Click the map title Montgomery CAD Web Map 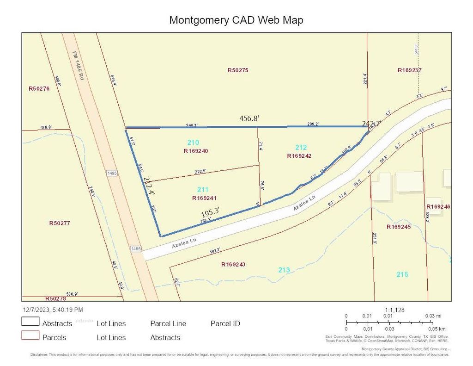tap(236, 20)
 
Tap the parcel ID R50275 tap(238, 70)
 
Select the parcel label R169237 tap(410, 70)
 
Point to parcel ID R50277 tap(59, 223)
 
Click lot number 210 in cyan tap(193, 142)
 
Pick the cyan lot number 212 tap(301, 148)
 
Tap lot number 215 tap(402, 274)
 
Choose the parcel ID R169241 tap(205, 198)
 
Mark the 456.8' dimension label tap(249, 118)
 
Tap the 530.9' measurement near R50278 tap(72, 294)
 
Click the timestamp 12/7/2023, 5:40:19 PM tap(53, 310)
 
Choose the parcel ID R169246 tap(438, 206)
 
